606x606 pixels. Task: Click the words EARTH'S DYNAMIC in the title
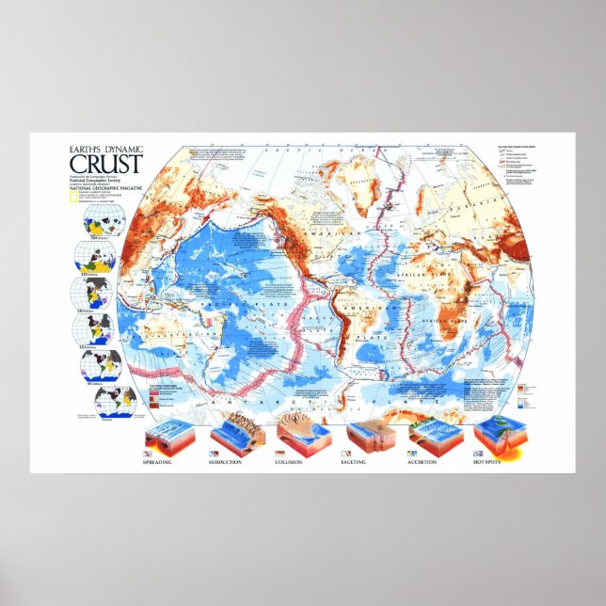pyautogui.click(x=106, y=146)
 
